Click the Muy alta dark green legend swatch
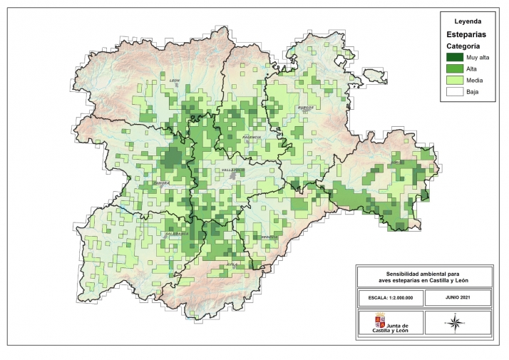coord(454,57)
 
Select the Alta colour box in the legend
coord(454,68)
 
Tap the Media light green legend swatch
coord(454,81)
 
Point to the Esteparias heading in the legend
coord(467,34)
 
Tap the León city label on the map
coord(174,81)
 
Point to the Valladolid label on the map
coord(232,170)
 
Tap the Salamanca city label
coord(177,233)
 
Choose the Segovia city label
coord(269,237)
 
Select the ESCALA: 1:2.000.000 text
coord(389,297)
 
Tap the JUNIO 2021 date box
coord(458,297)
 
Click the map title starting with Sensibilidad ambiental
coord(423,277)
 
